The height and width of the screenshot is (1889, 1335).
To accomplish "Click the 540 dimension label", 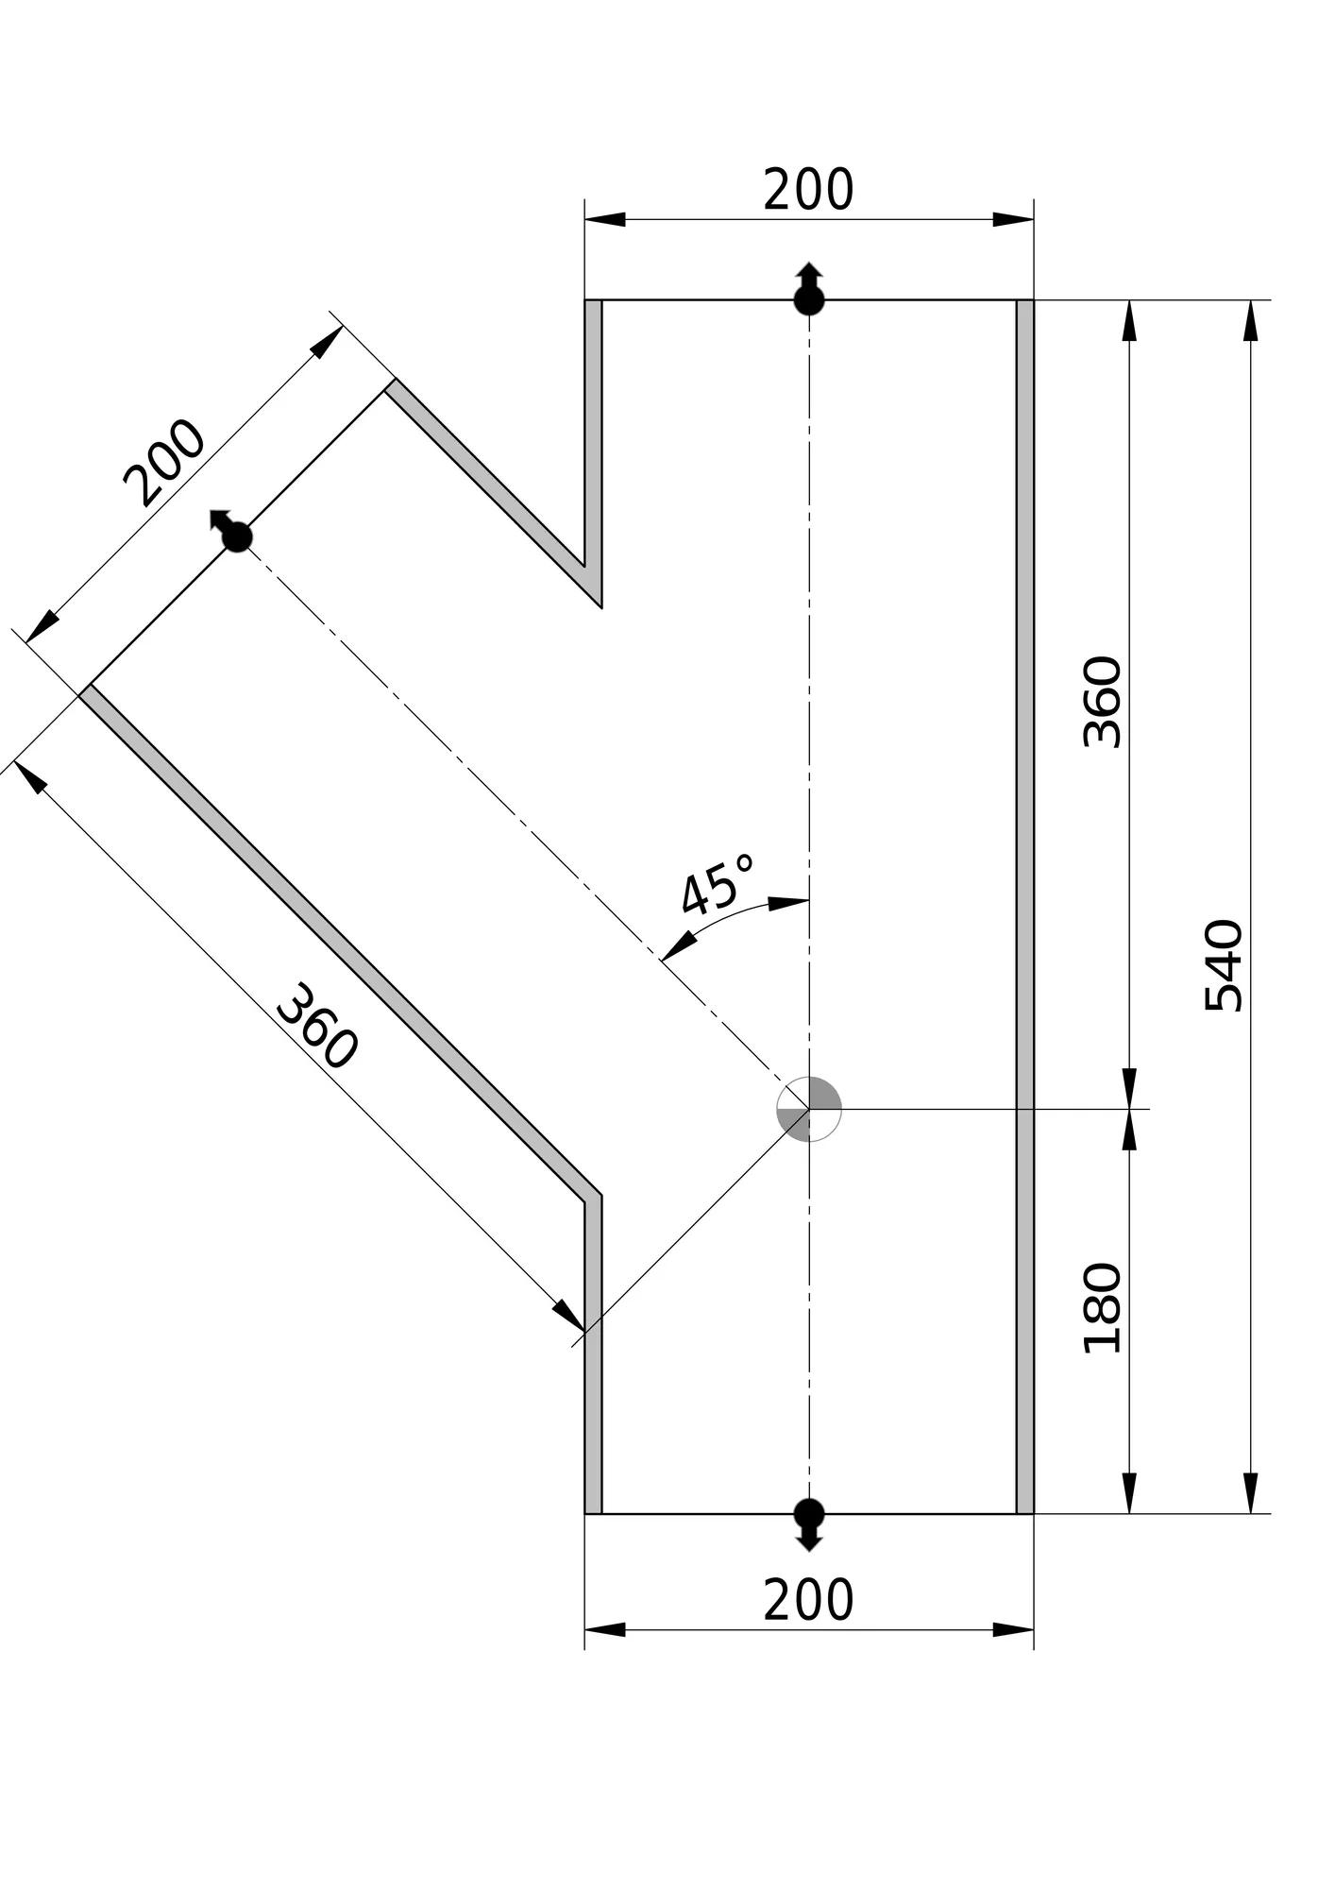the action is click(1225, 964).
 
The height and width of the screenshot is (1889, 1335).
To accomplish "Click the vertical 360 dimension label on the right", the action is click(1102, 702).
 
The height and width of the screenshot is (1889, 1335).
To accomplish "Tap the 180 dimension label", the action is click(1102, 1307).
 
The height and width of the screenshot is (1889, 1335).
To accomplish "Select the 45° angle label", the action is click(718, 885).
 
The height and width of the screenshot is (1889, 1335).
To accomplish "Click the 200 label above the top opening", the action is click(808, 190).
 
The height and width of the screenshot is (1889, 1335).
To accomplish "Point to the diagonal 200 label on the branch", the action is click(164, 463).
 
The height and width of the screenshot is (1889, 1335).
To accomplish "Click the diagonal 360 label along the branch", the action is click(317, 1027).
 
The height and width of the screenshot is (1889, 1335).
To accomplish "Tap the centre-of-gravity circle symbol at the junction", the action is click(809, 1109).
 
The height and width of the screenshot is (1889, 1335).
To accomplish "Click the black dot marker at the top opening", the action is click(809, 300).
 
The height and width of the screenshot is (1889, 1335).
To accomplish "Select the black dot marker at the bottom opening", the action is click(809, 1513).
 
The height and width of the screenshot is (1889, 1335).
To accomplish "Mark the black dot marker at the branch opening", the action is click(237, 536).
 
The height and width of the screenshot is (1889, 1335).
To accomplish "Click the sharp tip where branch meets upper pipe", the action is click(601, 607).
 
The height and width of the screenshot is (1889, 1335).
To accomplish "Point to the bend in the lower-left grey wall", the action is click(593, 1198).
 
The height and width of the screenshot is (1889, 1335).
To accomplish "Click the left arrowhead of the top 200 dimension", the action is click(605, 219).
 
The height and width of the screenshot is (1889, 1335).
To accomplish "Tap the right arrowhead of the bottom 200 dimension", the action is click(1013, 1629).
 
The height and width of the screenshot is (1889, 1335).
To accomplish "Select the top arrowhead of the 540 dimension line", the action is click(1251, 321).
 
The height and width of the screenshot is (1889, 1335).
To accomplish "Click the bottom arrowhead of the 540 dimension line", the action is click(1251, 1492).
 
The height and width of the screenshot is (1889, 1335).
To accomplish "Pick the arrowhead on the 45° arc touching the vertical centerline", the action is click(788, 903).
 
